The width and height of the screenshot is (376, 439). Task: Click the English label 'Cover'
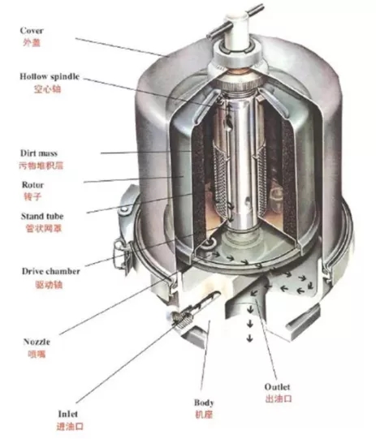(x=32, y=31)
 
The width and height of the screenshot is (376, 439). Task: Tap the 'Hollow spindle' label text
(x=50, y=76)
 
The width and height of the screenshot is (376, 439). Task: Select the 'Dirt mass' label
(x=39, y=153)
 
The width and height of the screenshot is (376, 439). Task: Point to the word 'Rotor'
(x=32, y=185)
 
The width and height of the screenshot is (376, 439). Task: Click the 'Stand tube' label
(x=42, y=216)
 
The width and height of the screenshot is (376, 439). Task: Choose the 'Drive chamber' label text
(x=50, y=271)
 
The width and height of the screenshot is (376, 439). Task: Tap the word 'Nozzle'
(x=37, y=342)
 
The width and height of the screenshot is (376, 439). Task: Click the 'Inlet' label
(x=67, y=414)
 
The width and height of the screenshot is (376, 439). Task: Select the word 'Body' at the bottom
(x=204, y=402)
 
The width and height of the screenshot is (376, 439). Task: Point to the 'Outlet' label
(x=277, y=387)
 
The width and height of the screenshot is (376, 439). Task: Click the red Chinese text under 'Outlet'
(x=279, y=398)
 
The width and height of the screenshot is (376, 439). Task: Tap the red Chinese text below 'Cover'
(x=32, y=42)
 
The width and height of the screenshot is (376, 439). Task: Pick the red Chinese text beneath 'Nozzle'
(x=37, y=354)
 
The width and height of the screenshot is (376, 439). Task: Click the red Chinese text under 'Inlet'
(x=70, y=426)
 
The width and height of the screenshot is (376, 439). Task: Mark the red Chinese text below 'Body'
(x=204, y=415)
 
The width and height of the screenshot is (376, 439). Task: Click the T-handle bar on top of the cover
(x=235, y=22)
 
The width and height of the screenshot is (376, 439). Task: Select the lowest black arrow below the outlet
(x=249, y=338)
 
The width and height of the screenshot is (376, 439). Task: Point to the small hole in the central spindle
(x=247, y=200)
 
